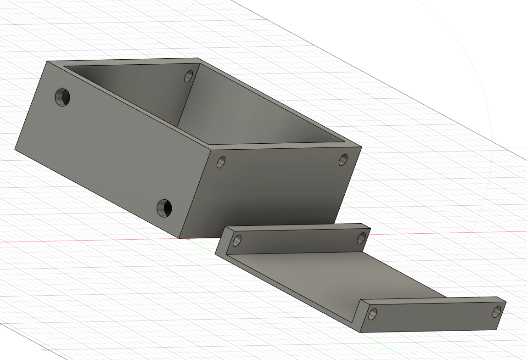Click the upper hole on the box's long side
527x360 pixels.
pyautogui.click(x=63, y=97)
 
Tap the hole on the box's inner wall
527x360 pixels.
pyautogui.click(x=188, y=76)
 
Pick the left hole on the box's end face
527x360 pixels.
pyautogui.click(x=221, y=162)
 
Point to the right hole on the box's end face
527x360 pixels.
pyautogui.click(x=343, y=160)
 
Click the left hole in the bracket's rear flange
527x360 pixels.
pyautogui.click(x=237, y=240)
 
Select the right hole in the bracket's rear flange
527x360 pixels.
pyautogui.click(x=361, y=238)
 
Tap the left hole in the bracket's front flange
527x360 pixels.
pyautogui.click(x=373, y=314)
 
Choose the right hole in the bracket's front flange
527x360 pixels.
pyautogui.click(x=497, y=311)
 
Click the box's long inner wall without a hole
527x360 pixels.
pyautogui.click(x=257, y=110)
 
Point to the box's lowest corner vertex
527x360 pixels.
pyautogui.click(x=179, y=238)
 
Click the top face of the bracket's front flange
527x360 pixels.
pyautogui.click(x=432, y=299)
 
